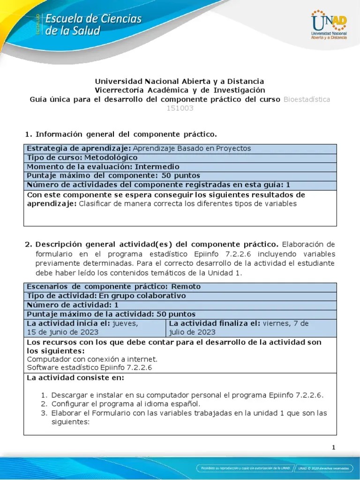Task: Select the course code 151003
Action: (180, 108)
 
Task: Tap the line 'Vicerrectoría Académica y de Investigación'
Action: (180, 90)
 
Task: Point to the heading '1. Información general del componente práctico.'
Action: (121, 135)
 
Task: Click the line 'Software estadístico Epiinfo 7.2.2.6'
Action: (90, 368)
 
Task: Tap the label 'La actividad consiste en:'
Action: (75, 378)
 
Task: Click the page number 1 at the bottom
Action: (334, 447)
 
